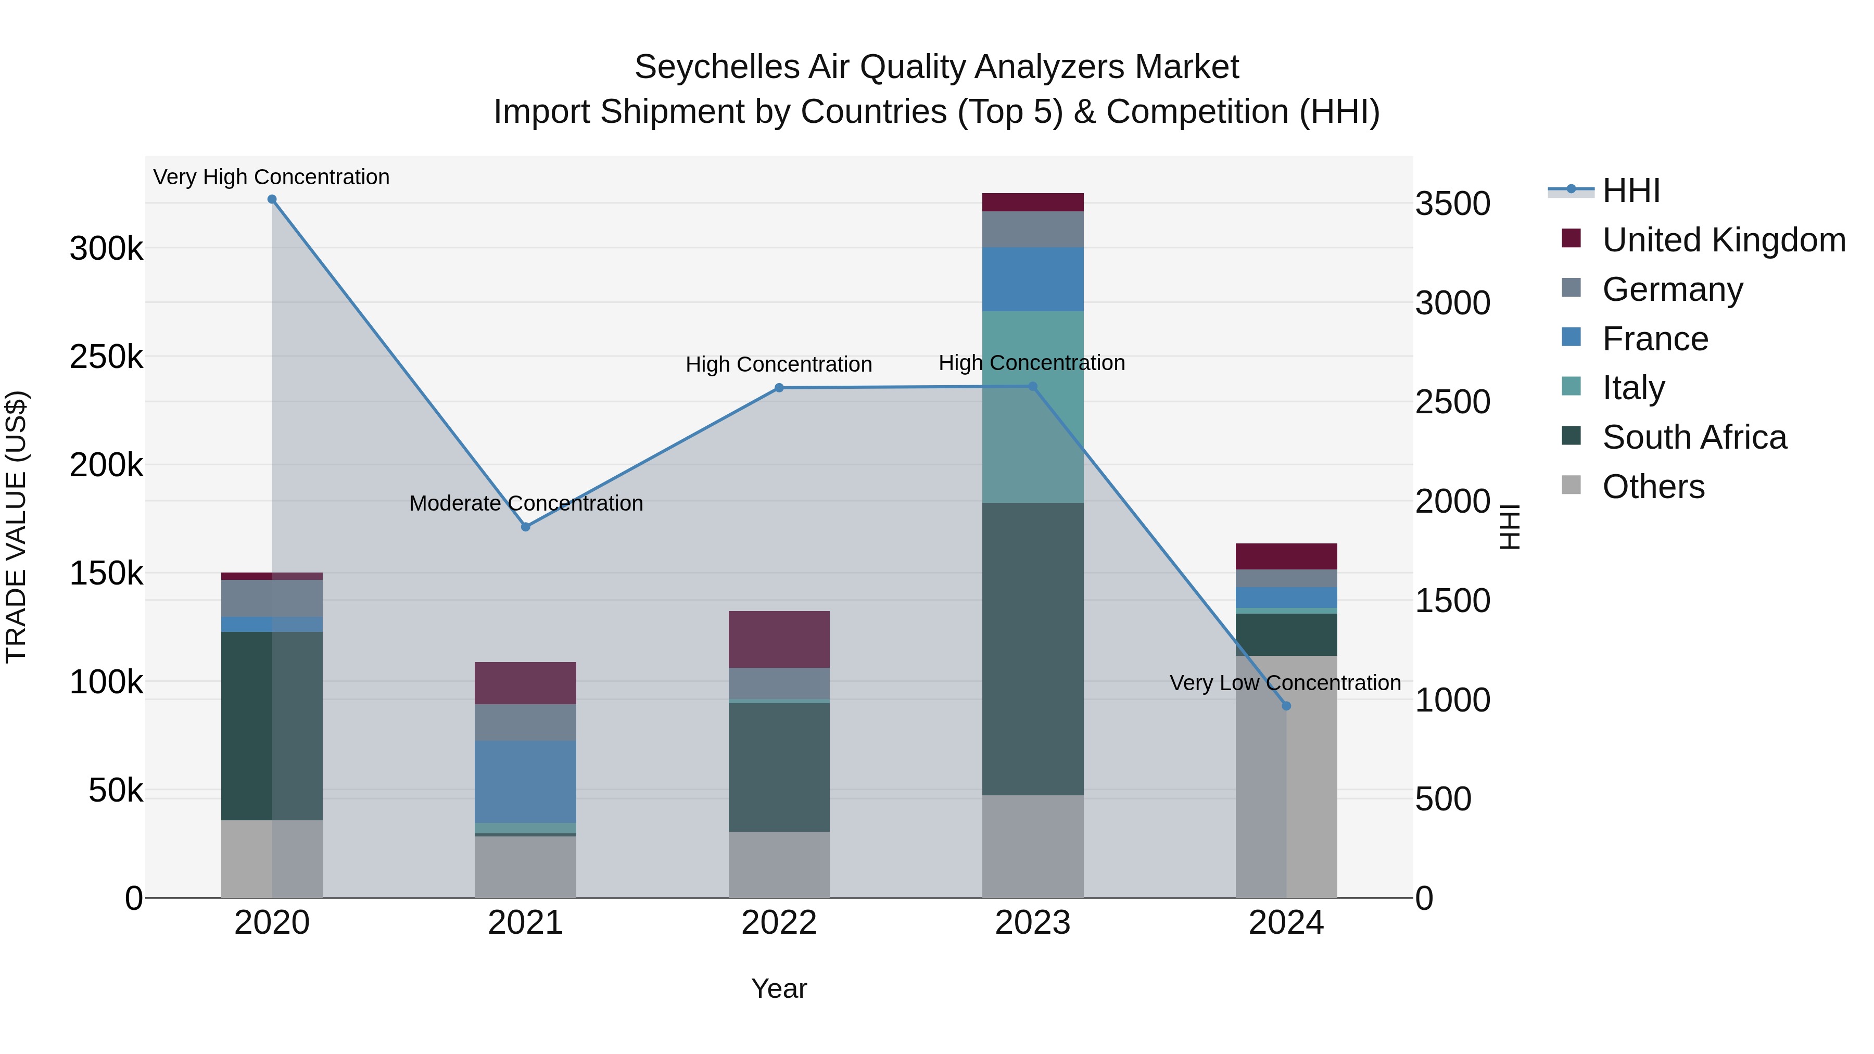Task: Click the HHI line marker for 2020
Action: tap(272, 199)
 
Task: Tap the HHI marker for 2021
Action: tap(525, 527)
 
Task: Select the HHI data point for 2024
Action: tap(1286, 706)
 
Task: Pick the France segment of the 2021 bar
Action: tap(525, 782)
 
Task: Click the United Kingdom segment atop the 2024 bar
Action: tap(1286, 556)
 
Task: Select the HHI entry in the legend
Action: tap(1630, 191)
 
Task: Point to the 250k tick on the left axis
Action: tap(106, 357)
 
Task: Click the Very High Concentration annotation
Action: tap(271, 177)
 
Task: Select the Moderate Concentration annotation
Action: tap(526, 503)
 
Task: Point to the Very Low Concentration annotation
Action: tap(1285, 683)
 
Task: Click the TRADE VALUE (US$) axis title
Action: tap(16, 527)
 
